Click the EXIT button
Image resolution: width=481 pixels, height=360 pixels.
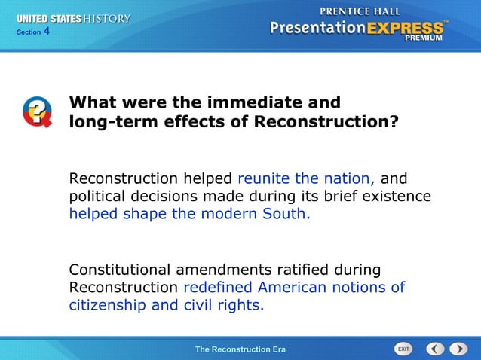tap(403, 349)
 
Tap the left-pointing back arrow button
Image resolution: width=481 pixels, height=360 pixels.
tap(435, 349)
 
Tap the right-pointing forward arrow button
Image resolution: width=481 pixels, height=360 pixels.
tap(458, 349)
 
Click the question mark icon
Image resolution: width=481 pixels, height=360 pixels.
tap(36, 112)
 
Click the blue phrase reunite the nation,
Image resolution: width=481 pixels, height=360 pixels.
tap(306, 179)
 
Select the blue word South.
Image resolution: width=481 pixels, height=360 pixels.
tap(286, 214)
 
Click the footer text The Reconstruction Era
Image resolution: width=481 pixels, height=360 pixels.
tap(240, 349)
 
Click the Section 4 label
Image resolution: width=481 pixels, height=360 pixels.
tap(32, 32)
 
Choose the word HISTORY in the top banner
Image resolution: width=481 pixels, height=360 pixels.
tap(106, 18)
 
